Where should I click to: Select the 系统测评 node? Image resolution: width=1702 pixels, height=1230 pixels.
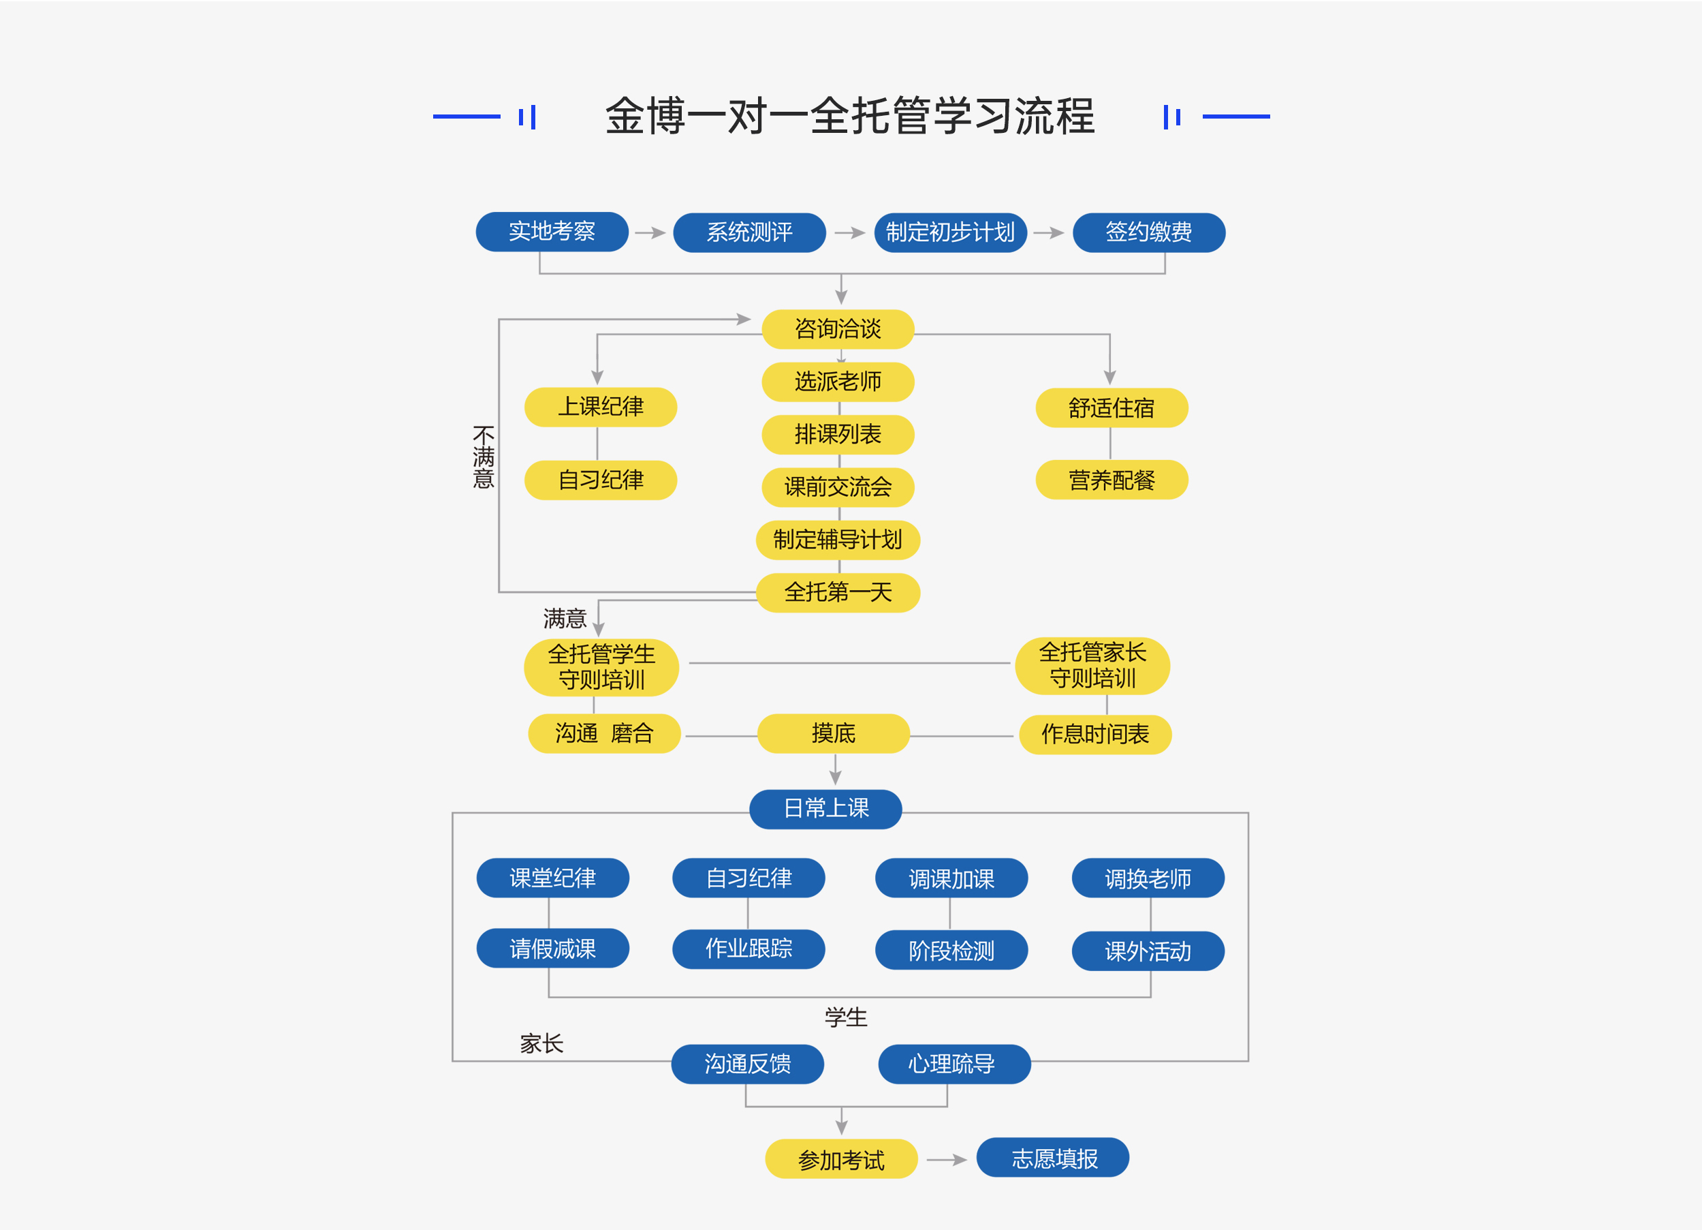(x=749, y=232)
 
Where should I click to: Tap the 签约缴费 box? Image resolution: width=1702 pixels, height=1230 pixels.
(x=1148, y=232)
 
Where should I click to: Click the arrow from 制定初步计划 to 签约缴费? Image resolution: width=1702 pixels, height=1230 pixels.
(x=1048, y=233)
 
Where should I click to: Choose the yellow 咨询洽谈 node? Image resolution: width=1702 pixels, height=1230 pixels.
(x=838, y=329)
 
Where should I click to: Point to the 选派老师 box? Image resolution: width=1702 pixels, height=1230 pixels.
(x=838, y=382)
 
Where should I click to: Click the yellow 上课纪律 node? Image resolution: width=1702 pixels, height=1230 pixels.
(x=600, y=407)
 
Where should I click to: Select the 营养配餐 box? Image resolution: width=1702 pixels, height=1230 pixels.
(x=1112, y=480)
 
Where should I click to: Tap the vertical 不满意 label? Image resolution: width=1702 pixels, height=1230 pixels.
(x=484, y=457)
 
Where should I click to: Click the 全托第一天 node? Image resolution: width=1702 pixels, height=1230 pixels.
(x=838, y=592)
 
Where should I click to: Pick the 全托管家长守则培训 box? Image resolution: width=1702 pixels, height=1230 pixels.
(x=1092, y=665)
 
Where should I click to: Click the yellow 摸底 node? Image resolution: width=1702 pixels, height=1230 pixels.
(x=833, y=733)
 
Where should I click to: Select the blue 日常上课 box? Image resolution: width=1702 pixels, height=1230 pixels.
(x=825, y=809)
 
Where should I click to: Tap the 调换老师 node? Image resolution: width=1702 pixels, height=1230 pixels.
(x=1148, y=878)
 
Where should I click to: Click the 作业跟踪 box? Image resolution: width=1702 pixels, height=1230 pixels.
(x=748, y=949)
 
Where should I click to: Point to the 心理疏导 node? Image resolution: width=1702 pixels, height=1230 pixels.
(x=954, y=1063)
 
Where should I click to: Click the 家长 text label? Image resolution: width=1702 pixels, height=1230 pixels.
(x=541, y=1043)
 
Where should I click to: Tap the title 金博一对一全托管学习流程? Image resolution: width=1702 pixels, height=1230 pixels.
(x=850, y=117)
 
